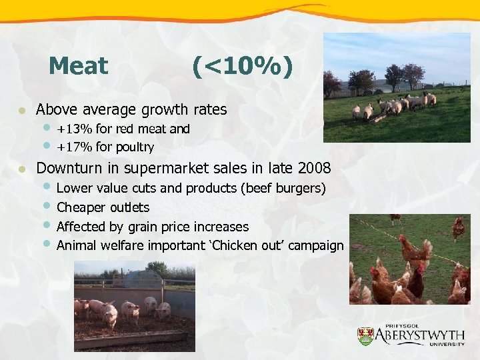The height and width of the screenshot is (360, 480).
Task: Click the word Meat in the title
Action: click(78, 66)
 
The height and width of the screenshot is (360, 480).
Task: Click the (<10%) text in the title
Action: click(241, 66)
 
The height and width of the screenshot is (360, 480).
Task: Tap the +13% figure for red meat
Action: click(71, 129)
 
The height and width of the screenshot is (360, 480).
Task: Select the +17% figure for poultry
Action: click(71, 147)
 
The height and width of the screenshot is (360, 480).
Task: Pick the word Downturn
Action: click(67, 167)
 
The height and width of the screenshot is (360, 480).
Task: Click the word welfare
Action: click(126, 245)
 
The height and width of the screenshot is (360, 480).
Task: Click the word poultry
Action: click(134, 147)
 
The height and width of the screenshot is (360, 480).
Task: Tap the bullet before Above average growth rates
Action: click(22, 109)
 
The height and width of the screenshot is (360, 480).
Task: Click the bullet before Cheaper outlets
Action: click(47, 206)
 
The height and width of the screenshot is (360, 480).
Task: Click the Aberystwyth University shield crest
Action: click(365, 336)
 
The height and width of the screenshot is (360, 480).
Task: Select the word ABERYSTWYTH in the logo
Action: click(420, 333)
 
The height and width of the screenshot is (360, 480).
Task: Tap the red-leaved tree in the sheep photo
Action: click(413, 74)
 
